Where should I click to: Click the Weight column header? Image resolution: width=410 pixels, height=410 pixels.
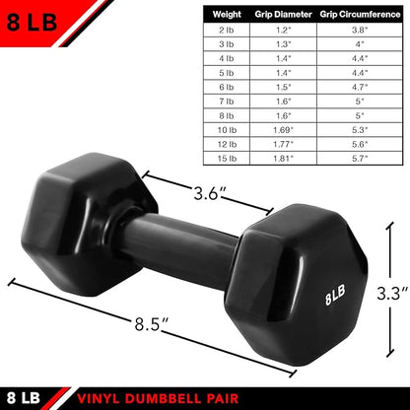click(226, 16)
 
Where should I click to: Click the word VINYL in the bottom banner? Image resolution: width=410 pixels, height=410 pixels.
click(107, 397)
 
